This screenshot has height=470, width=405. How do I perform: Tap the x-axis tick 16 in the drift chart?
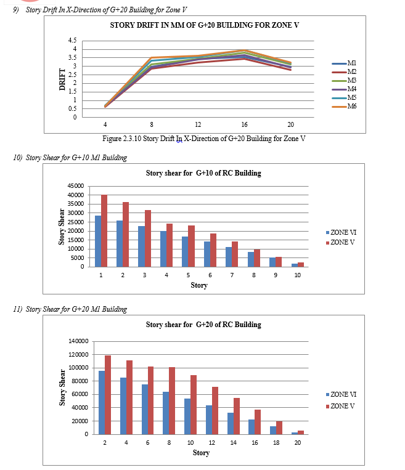pos(245,124)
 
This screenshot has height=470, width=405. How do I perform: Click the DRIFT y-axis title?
pos(62,79)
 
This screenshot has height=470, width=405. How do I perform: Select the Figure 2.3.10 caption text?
pos(204,138)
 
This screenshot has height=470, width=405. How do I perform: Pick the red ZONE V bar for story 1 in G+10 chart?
pos(104,230)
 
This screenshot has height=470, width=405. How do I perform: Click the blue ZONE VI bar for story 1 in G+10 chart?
pos(98,241)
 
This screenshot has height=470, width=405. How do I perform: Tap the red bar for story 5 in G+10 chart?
pos(192,246)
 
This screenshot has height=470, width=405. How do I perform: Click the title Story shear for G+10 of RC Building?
pos(203,173)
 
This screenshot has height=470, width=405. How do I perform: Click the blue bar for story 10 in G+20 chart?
pos(187,416)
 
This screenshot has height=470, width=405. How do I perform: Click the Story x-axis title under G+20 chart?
pos(201,453)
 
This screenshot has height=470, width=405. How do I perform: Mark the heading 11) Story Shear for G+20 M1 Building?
pos(70,309)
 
